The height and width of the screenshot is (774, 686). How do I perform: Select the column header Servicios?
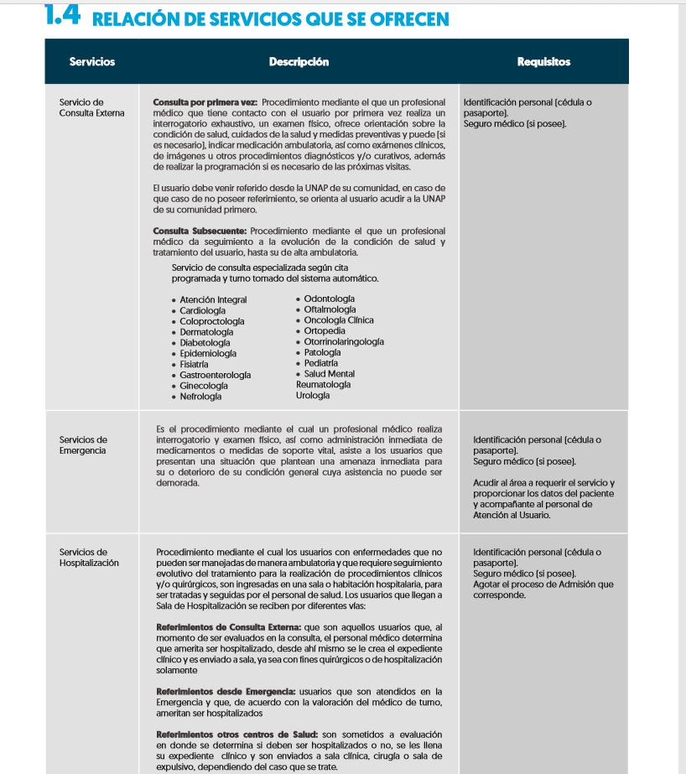tap(92, 62)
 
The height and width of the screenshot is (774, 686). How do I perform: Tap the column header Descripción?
tap(299, 62)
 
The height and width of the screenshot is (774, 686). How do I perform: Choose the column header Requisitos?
tap(543, 62)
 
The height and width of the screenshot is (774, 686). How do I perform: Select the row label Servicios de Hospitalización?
tap(89, 558)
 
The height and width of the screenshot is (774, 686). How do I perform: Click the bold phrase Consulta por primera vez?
tap(205, 102)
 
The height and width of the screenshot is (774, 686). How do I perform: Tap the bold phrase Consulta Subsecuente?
tap(199, 231)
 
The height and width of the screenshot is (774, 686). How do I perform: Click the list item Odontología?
tap(329, 299)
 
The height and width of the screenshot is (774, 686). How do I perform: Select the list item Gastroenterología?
tap(215, 375)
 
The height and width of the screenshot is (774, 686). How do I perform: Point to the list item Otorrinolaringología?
tap(344, 341)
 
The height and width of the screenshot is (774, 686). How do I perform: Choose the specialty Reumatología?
tap(323, 385)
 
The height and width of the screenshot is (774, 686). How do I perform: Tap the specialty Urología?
tap(313, 396)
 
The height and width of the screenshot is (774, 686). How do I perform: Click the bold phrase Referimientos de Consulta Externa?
tap(229, 627)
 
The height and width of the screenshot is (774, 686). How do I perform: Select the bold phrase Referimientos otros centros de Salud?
tap(236, 735)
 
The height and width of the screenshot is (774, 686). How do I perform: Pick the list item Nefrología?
tap(200, 397)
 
